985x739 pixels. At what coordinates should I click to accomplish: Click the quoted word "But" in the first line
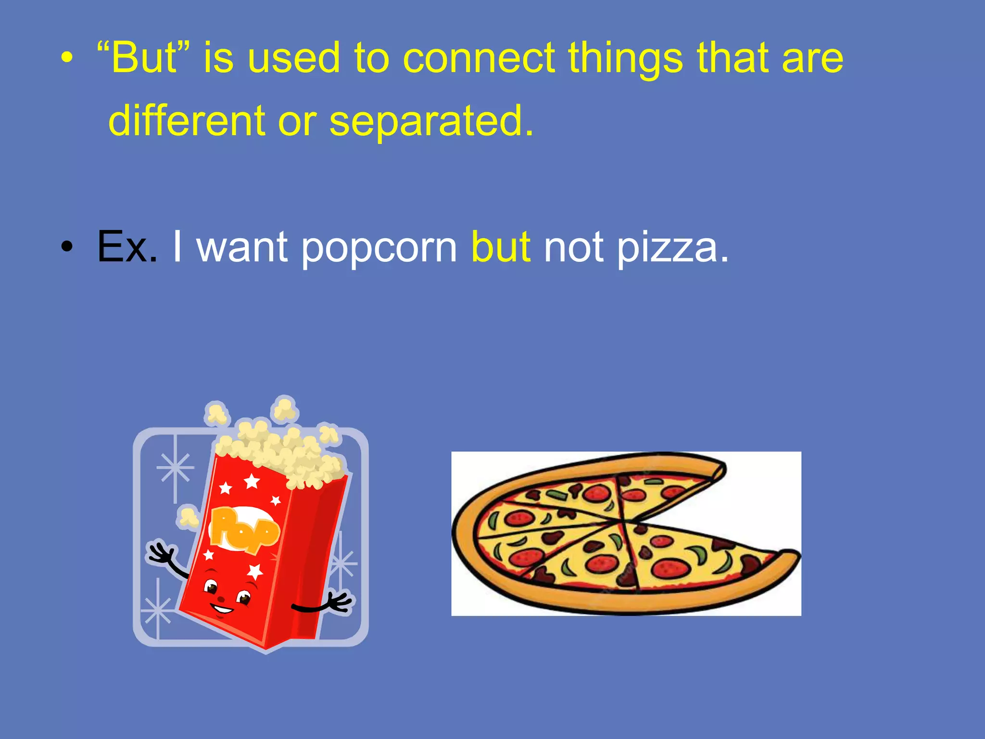(143, 58)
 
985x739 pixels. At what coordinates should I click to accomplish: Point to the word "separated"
(431, 122)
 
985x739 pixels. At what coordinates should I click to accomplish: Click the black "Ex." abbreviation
(127, 247)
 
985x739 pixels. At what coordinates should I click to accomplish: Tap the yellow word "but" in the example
(501, 247)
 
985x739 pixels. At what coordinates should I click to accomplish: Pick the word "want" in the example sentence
(242, 247)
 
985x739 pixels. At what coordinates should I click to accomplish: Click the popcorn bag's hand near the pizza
(339, 602)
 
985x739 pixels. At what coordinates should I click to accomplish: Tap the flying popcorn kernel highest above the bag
(285, 409)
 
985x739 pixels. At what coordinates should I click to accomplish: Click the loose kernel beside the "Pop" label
(188, 517)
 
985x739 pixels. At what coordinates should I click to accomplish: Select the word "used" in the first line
(294, 59)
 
